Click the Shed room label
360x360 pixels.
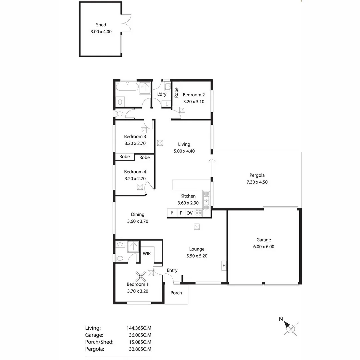[101, 25]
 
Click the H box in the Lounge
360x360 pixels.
[224, 266]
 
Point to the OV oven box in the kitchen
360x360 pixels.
[189, 213]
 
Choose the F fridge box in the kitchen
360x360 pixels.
[172, 213]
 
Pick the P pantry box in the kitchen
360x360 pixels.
[181, 213]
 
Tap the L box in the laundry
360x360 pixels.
[166, 104]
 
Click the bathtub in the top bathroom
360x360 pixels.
[127, 88]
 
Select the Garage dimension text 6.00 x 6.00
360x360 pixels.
[263, 247]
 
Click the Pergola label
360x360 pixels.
[257, 175]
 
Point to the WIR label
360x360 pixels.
[147, 254]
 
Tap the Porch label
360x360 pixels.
[176, 293]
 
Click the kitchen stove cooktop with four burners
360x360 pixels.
[198, 213]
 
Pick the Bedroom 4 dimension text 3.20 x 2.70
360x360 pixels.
[135, 179]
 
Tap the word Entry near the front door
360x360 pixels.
[172, 270]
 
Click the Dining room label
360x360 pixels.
[138, 215]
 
